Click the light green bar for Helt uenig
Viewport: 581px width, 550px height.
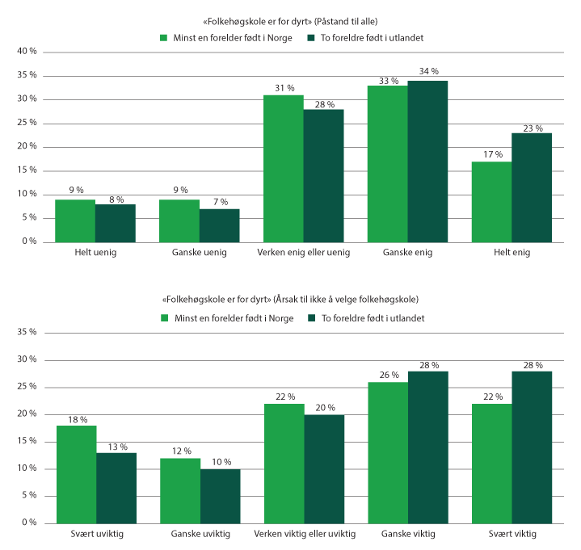(x=75, y=220)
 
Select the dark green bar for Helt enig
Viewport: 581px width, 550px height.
(x=532, y=187)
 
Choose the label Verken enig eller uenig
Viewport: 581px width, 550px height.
(x=304, y=254)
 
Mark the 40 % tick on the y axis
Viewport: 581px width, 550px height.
(x=27, y=52)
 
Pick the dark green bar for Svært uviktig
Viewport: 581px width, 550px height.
(x=116, y=488)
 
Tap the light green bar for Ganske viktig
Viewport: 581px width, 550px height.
(x=388, y=452)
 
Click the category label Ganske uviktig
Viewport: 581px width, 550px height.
(x=200, y=535)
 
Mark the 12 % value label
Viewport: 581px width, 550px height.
(x=180, y=451)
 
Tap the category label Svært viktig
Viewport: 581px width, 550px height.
(x=512, y=535)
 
